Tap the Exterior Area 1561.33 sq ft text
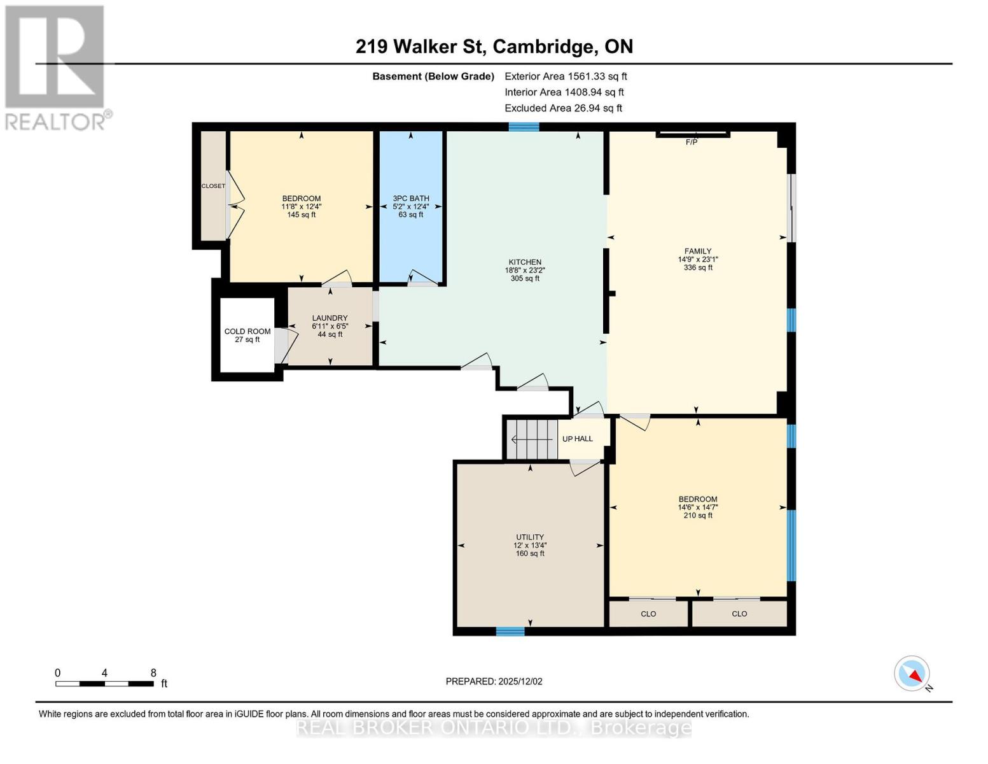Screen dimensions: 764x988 pyautogui.click(x=566, y=76)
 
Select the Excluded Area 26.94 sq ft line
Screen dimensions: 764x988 pyautogui.click(x=563, y=108)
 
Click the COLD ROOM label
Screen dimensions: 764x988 pyautogui.click(x=247, y=331)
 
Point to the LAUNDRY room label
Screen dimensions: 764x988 pyautogui.click(x=330, y=318)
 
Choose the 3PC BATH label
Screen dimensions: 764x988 pyautogui.click(x=411, y=199)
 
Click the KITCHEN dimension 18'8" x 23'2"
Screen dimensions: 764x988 pyautogui.click(x=525, y=270)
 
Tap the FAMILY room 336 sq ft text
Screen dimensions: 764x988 pyautogui.click(x=698, y=267)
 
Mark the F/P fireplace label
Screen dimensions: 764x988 pyautogui.click(x=692, y=142)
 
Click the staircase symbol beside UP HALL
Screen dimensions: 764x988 pyautogui.click(x=532, y=439)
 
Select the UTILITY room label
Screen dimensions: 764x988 pyautogui.click(x=530, y=537)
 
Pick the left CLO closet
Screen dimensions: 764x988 pyautogui.click(x=648, y=614)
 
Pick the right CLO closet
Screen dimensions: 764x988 pyautogui.click(x=739, y=614)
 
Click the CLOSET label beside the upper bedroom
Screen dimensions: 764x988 pyautogui.click(x=213, y=186)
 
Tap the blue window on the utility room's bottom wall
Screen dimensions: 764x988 pyautogui.click(x=510, y=632)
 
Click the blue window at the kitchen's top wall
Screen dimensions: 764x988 pyautogui.click(x=524, y=127)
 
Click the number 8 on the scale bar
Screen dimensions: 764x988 pyautogui.click(x=153, y=673)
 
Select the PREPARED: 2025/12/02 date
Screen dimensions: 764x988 pyautogui.click(x=494, y=681)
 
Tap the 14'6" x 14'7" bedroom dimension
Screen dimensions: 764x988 pyautogui.click(x=698, y=507)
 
